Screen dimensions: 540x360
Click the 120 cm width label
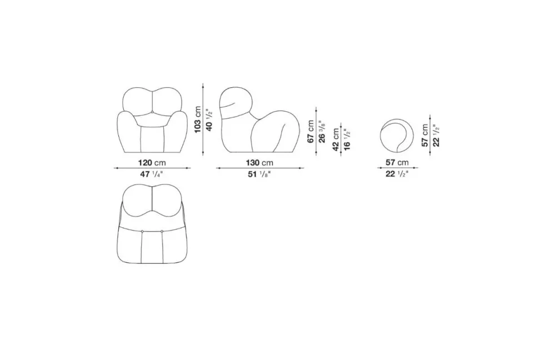point(152,163)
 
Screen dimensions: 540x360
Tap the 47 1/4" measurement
point(151,174)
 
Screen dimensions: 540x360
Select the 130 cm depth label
point(259,163)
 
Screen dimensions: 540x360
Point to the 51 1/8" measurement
point(259,174)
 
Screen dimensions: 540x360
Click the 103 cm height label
point(198,119)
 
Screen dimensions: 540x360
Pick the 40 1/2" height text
point(209,120)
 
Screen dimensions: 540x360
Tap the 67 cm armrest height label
point(311,131)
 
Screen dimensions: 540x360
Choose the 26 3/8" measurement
point(322,131)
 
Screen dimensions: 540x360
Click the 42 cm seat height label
point(336,139)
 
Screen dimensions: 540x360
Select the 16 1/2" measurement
point(347,139)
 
